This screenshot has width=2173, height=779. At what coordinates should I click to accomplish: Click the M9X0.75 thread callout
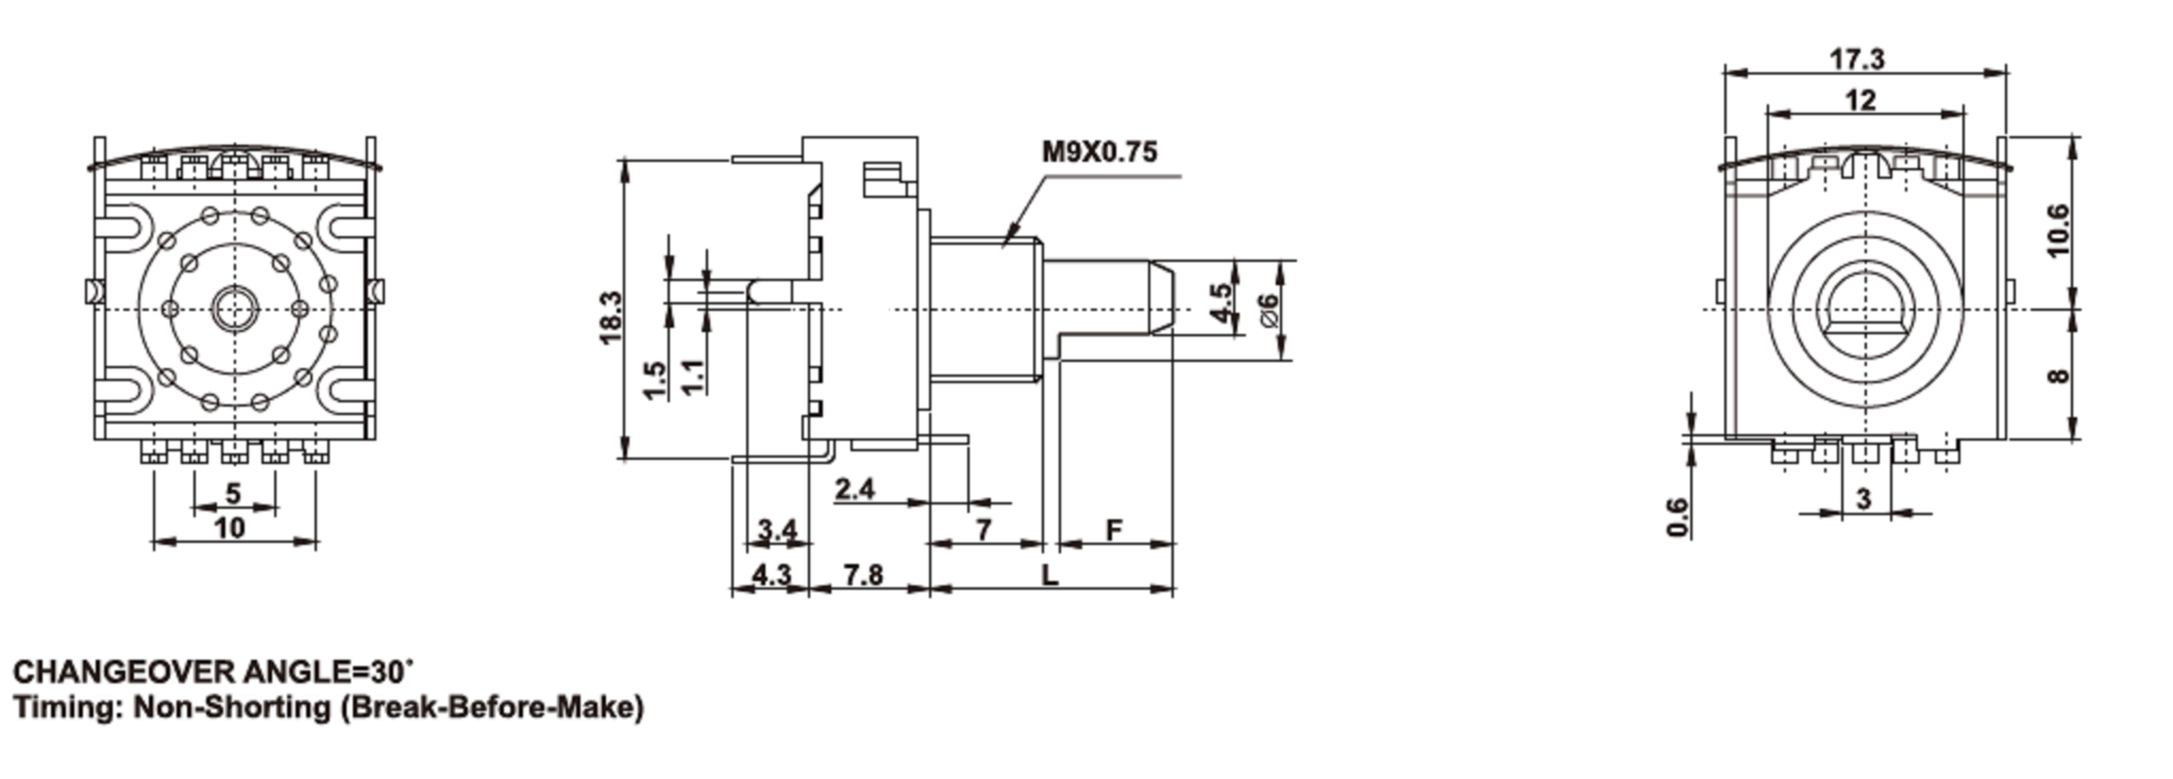(1099, 152)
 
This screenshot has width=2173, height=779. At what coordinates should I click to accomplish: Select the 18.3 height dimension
(611, 317)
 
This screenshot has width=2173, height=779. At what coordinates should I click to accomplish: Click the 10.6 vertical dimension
(2058, 230)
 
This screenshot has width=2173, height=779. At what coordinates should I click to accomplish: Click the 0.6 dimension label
(1678, 517)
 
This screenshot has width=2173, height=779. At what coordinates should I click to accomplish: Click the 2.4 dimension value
(855, 488)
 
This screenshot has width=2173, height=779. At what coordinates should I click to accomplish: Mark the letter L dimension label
(1049, 576)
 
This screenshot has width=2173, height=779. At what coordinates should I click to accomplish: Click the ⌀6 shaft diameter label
(1267, 311)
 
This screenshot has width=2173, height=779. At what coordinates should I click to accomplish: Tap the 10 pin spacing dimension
(230, 528)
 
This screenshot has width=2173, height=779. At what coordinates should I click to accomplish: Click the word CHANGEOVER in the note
(124, 673)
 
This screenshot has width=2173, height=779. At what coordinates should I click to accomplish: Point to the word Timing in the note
(69, 707)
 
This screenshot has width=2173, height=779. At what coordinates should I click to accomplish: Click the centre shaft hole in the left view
(234, 309)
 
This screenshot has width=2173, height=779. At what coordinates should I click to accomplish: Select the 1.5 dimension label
(654, 380)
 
